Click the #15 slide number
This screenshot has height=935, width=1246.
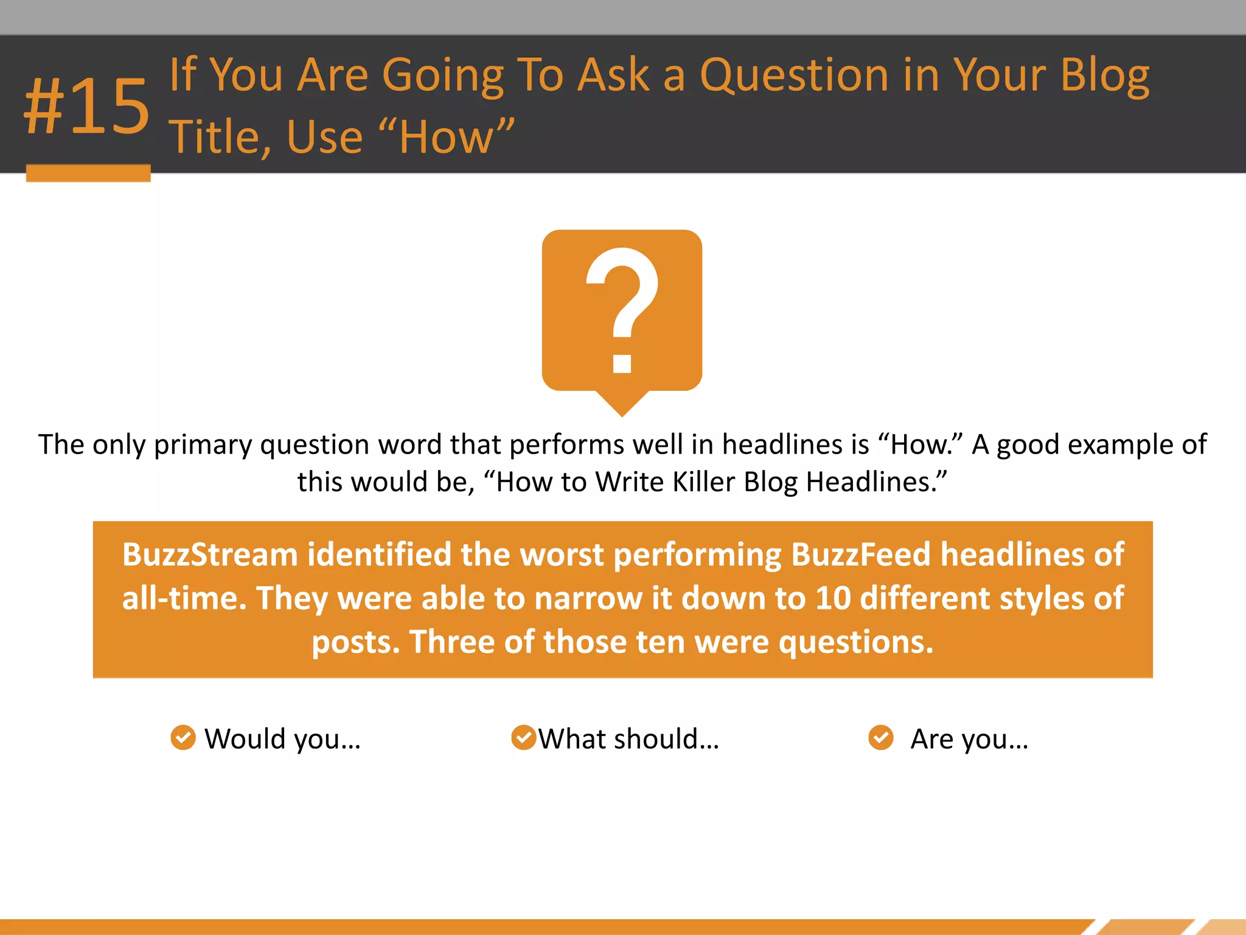(87, 107)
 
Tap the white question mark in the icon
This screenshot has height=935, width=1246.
(622, 298)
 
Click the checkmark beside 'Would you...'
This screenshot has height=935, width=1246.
(183, 738)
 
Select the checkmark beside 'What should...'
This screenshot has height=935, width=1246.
(523, 738)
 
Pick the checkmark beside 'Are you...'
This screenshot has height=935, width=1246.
(880, 738)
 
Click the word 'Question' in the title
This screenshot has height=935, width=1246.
(794, 76)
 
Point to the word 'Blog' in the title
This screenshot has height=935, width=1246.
(1104, 76)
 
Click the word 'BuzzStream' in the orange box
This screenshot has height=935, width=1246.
(210, 555)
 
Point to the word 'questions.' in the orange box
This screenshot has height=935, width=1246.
(855, 643)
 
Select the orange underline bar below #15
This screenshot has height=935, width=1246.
(88, 173)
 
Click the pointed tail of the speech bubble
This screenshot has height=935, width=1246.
(622, 405)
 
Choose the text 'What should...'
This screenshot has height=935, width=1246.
(628, 739)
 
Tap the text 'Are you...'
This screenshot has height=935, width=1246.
(969, 739)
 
